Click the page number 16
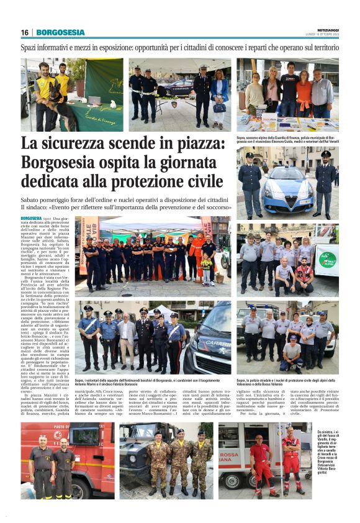[x=25, y=32]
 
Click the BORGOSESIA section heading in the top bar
[x=60, y=32]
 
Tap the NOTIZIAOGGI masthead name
[x=323, y=29]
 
